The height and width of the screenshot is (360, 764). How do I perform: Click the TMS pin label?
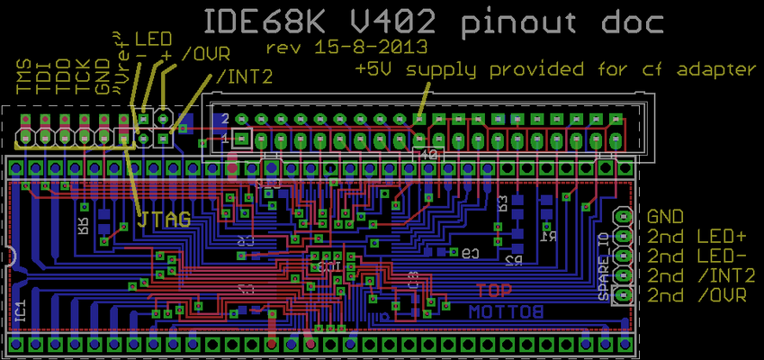[x=24, y=77]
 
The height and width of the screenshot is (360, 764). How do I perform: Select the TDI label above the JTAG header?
[x=44, y=77]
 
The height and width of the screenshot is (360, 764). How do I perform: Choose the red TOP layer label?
[x=495, y=292]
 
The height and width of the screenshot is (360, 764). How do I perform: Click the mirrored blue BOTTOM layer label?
[x=506, y=311]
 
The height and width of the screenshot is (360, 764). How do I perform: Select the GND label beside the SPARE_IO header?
[x=666, y=217]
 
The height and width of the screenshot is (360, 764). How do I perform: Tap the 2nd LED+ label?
[x=697, y=237]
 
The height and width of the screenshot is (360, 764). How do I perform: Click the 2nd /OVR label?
[x=697, y=296]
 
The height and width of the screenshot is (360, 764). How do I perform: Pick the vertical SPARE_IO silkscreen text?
[x=604, y=266]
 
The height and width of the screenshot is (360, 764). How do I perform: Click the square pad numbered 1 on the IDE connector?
[x=241, y=139]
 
